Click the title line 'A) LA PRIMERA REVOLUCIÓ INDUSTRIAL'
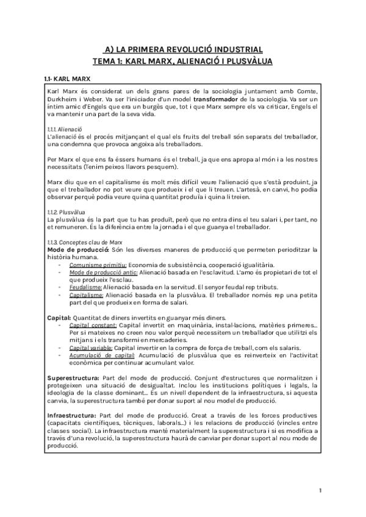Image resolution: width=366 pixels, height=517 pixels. (182, 49)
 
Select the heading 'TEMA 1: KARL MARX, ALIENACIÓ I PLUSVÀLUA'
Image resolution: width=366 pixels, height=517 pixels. (182, 61)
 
